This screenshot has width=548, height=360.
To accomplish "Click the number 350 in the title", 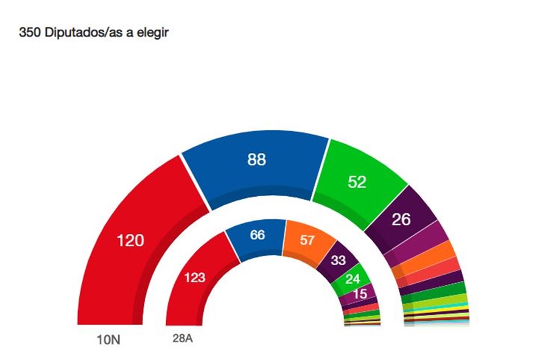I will pyautogui.click(x=30, y=33).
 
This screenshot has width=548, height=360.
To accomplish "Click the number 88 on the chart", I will pyautogui.click(x=256, y=160).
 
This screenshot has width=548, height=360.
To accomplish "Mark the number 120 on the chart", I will pyautogui.click(x=130, y=241).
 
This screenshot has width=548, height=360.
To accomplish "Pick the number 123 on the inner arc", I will pyautogui.click(x=194, y=278).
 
